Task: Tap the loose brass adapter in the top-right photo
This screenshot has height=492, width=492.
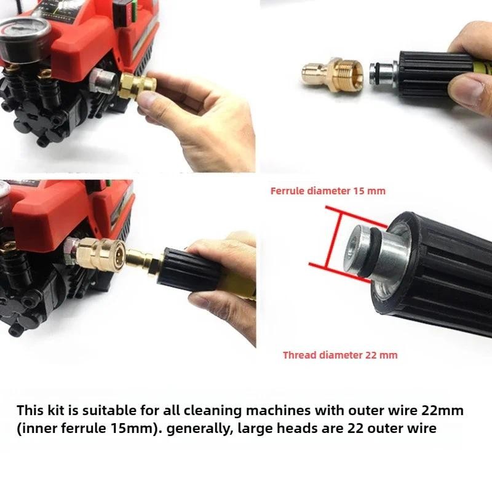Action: point(333,74)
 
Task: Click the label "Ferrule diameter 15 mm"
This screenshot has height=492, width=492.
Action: point(328,191)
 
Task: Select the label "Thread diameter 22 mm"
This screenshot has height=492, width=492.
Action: point(340,355)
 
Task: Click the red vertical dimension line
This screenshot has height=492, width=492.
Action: point(333,239)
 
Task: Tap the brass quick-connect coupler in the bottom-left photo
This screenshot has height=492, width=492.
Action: point(100,253)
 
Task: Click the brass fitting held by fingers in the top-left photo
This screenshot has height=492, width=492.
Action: point(137,85)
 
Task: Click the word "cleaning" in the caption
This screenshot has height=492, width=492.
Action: point(212,411)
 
